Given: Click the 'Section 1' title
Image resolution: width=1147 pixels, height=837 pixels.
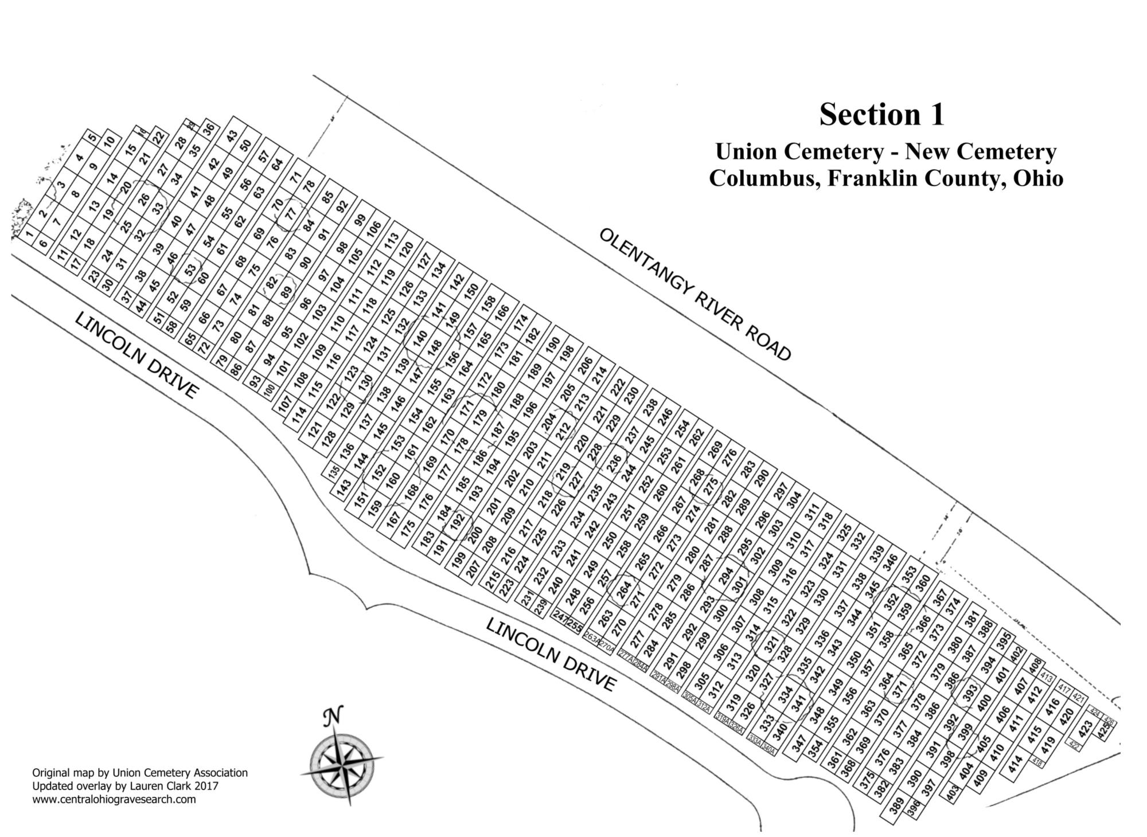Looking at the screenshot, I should (881, 114).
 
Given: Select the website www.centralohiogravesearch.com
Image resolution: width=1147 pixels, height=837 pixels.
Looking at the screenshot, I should (114, 799).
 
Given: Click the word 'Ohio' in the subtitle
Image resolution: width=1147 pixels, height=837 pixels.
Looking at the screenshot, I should (1038, 178).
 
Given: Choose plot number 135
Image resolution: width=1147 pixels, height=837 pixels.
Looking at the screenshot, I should (334, 472).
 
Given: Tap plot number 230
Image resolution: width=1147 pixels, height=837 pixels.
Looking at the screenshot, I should (631, 395).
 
